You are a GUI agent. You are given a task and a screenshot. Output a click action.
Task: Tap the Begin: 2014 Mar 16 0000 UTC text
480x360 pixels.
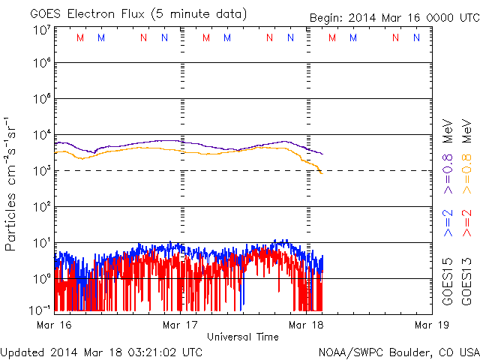click(393, 18)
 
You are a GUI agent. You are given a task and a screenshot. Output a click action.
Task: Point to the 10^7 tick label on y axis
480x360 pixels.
click(42, 30)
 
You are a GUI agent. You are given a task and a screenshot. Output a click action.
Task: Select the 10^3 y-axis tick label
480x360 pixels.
click(42, 170)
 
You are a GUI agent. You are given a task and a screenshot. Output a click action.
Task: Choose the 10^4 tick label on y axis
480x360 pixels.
click(42, 135)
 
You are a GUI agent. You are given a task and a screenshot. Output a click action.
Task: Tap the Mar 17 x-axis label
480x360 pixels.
click(180, 325)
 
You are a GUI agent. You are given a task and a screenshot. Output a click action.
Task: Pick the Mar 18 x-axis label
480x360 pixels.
click(306, 325)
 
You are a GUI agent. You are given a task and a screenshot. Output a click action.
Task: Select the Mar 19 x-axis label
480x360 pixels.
click(425, 325)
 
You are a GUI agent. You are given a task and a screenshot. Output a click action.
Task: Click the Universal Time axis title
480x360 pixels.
click(243, 337)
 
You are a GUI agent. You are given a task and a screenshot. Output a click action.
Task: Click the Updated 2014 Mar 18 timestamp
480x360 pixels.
click(101, 351)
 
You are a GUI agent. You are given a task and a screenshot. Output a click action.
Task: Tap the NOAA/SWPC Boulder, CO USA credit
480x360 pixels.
click(398, 351)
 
